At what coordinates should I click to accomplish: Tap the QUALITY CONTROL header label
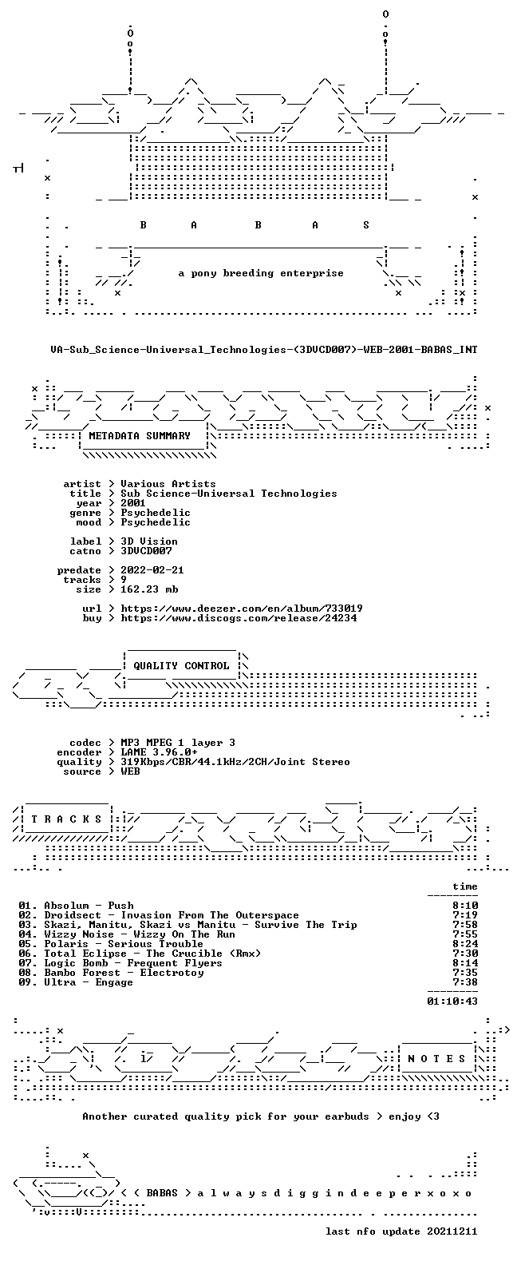[x=181, y=666]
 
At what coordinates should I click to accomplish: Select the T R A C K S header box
[x=66, y=819]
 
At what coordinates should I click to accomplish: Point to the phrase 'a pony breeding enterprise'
[x=261, y=273]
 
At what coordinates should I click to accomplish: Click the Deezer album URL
[x=242, y=609]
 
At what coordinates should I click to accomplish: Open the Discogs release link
[x=239, y=618]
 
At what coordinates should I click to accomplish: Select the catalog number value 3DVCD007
[x=146, y=550]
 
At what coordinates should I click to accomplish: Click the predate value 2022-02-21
[x=152, y=570]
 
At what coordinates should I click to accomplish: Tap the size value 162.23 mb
[x=149, y=589]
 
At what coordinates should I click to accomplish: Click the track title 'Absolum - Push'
[x=89, y=906]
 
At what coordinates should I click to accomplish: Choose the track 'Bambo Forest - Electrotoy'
[x=124, y=973]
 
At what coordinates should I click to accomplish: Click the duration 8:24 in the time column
[x=465, y=944]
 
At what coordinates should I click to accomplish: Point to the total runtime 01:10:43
[x=452, y=1001]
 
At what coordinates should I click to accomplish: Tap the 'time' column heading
[x=465, y=886]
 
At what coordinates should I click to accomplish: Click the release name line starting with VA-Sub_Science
[x=263, y=350]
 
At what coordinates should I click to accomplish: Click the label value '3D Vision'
[x=149, y=541]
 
